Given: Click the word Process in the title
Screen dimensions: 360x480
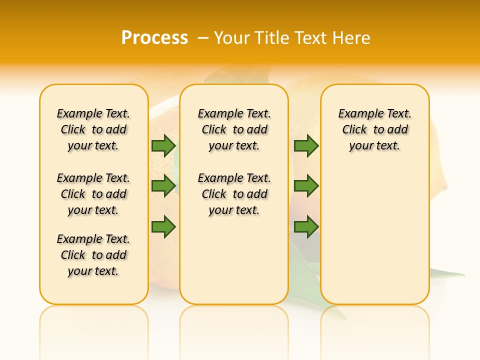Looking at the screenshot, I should click(154, 37).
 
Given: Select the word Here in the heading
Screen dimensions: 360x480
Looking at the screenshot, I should click(352, 38).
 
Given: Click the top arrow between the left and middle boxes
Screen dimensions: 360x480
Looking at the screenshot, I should click(163, 146).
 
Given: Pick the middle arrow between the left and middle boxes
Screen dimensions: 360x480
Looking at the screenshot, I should click(163, 186).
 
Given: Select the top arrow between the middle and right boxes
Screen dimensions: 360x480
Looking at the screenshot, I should click(306, 146).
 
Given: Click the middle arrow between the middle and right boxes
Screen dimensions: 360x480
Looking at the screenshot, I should click(306, 186).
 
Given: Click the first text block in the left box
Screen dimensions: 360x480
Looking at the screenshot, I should click(93, 129).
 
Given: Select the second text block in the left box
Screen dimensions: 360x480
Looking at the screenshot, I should click(93, 194).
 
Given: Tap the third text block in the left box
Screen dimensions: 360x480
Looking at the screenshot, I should click(93, 255).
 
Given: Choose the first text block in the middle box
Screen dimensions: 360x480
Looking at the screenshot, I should click(234, 129).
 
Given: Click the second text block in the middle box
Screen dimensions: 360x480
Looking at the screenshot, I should click(234, 194).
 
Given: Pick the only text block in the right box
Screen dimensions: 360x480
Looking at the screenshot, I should click(375, 129).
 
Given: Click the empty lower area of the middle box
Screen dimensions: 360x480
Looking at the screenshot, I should click(234, 260).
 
